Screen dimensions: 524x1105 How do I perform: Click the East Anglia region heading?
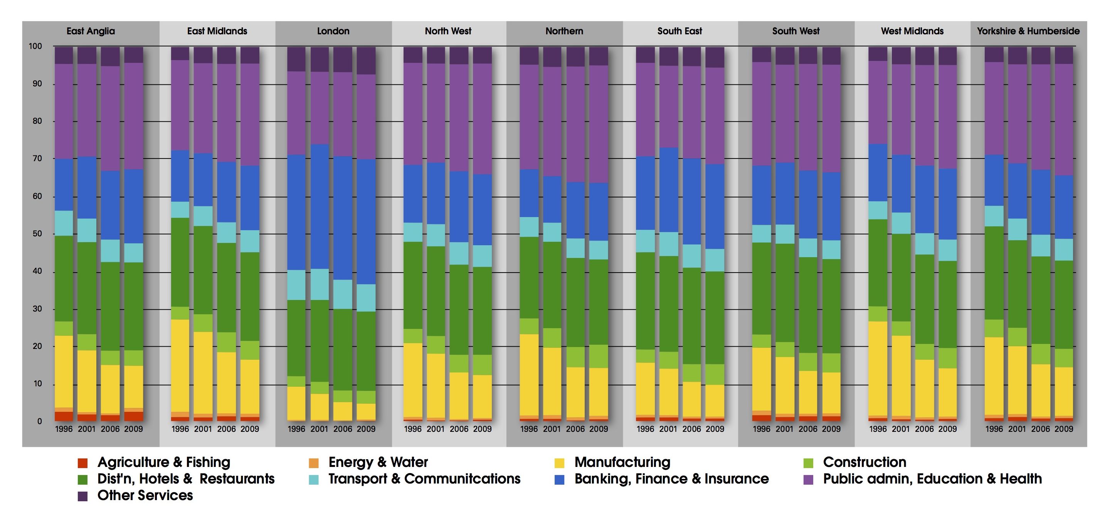click(x=91, y=31)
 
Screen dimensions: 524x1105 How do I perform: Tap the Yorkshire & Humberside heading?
click(x=1028, y=31)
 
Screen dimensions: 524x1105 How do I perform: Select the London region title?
click(x=333, y=31)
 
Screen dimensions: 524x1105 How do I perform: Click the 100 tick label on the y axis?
click(x=35, y=46)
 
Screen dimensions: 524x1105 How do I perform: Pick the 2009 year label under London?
click(x=366, y=429)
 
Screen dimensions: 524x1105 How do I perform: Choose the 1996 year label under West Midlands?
click(x=878, y=429)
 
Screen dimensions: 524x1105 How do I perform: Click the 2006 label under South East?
click(x=691, y=429)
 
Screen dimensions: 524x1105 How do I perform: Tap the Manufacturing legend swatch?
click(x=559, y=463)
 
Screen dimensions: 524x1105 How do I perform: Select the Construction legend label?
click(x=864, y=462)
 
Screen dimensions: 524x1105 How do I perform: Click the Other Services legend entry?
click(x=145, y=495)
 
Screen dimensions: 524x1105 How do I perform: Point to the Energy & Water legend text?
click(x=378, y=462)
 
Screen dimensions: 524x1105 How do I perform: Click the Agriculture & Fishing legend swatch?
click(x=82, y=463)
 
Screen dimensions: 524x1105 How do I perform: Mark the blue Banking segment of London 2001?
click(x=320, y=206)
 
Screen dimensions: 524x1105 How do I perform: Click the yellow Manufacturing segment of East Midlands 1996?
click(x=180, y=365)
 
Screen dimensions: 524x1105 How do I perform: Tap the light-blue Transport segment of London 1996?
click(x=296, y=285)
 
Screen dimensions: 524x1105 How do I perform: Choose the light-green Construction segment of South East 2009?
click(x=715, y=374)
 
